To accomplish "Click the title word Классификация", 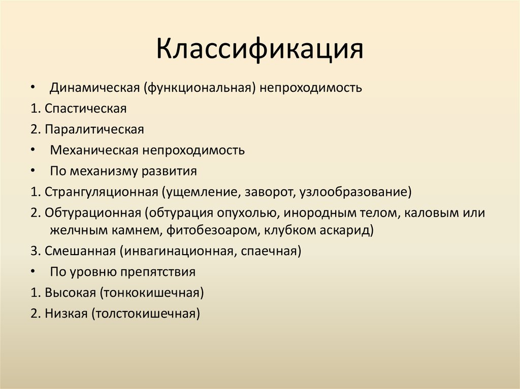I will (x=259, y=50).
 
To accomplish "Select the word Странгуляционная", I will (x=102, y=192).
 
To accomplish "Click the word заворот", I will (x=269, y=192).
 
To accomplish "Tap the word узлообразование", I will (x=355, y=192).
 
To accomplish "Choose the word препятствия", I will (x=158, y=272).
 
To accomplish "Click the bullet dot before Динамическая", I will (x=32, y=88).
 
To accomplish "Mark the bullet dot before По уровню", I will (x=32, y=272).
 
